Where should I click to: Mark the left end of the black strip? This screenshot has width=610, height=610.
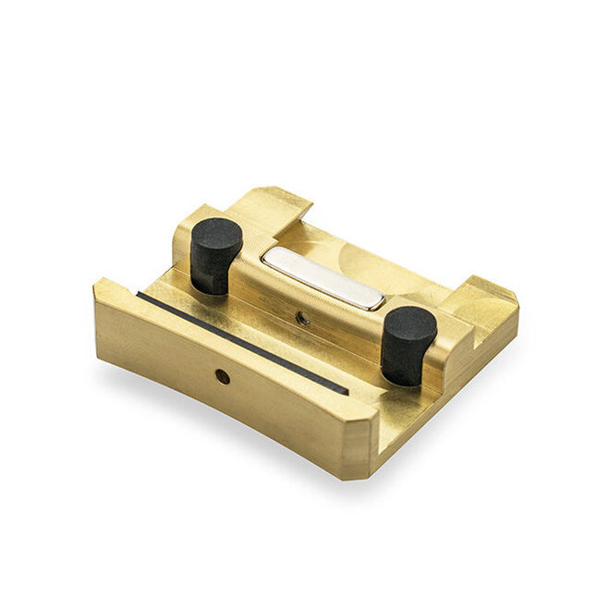[140, 296]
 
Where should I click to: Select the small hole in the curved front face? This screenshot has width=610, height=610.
[222, 376]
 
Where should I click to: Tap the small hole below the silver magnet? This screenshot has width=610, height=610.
[302, 317]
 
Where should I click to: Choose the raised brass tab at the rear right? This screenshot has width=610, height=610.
[481, 296]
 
